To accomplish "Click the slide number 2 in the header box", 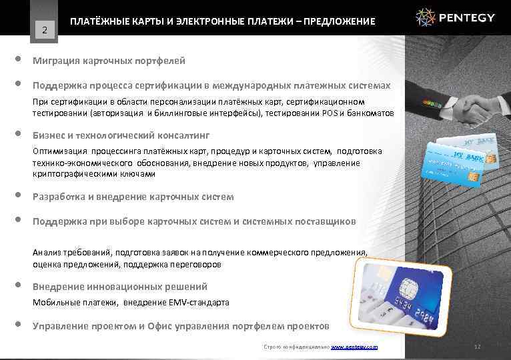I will [x=44, y=29].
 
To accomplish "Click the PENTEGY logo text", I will [x=468, y=17].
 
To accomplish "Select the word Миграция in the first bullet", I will [x=56, y=61].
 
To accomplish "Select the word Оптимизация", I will [x=60, y=151].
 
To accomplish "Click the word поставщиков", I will [x=326, y=221].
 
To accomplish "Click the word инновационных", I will [x=120, y=287].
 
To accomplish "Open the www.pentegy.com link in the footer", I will [x=354, y=347].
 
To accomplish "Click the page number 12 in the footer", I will [x=476, y=347].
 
